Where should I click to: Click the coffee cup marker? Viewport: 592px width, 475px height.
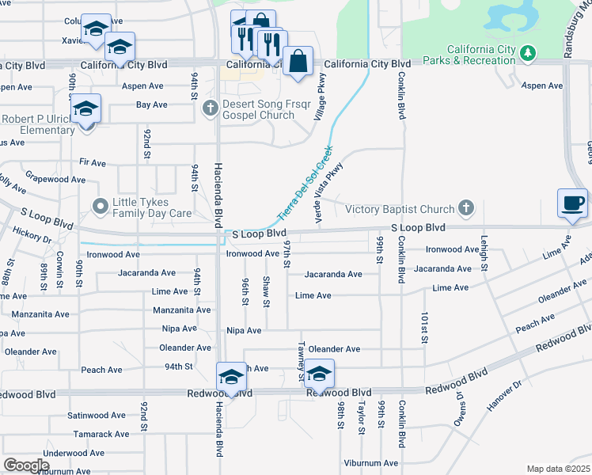pyautogui.click(x=572, y=203)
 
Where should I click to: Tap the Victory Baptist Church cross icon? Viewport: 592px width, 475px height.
pyautogui.click(x=467, y=209)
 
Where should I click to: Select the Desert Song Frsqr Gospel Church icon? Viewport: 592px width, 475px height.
pyautogui.click(x=210, y=108)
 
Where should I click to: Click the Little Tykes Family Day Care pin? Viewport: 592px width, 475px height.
pyautogui.click(x=101, y=207)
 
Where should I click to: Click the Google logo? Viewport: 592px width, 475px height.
pyautogui.click(x=26, y=465)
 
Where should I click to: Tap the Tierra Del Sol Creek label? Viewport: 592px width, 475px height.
pyautogui.click(x=305, y=183)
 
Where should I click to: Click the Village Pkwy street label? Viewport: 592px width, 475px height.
pyautogui.click(x=321, y=97)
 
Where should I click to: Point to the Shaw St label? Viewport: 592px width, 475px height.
pyautogui.click(x=267, y=292)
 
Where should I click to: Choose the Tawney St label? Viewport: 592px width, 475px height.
pyautogui.click(x=302, y=361)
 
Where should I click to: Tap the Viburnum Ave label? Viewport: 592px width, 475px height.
pyautogui.click(x=370, y=462)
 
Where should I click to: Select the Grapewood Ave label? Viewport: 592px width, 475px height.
pyautogui.click(x=55, y=180)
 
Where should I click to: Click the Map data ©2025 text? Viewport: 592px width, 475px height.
pyautogui.click(x=559, y=469)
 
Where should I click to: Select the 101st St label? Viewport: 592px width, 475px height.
pyautogui.click(x=425, y=327)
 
